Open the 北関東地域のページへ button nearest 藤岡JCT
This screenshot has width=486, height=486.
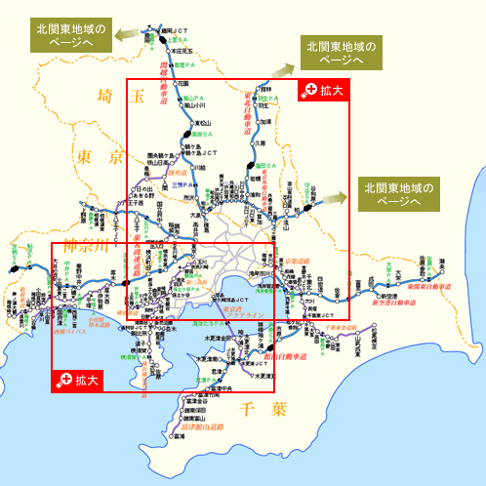pos(73,31)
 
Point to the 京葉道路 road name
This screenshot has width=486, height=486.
pos(294,263)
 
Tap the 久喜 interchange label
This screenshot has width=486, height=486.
pos(261,142)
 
